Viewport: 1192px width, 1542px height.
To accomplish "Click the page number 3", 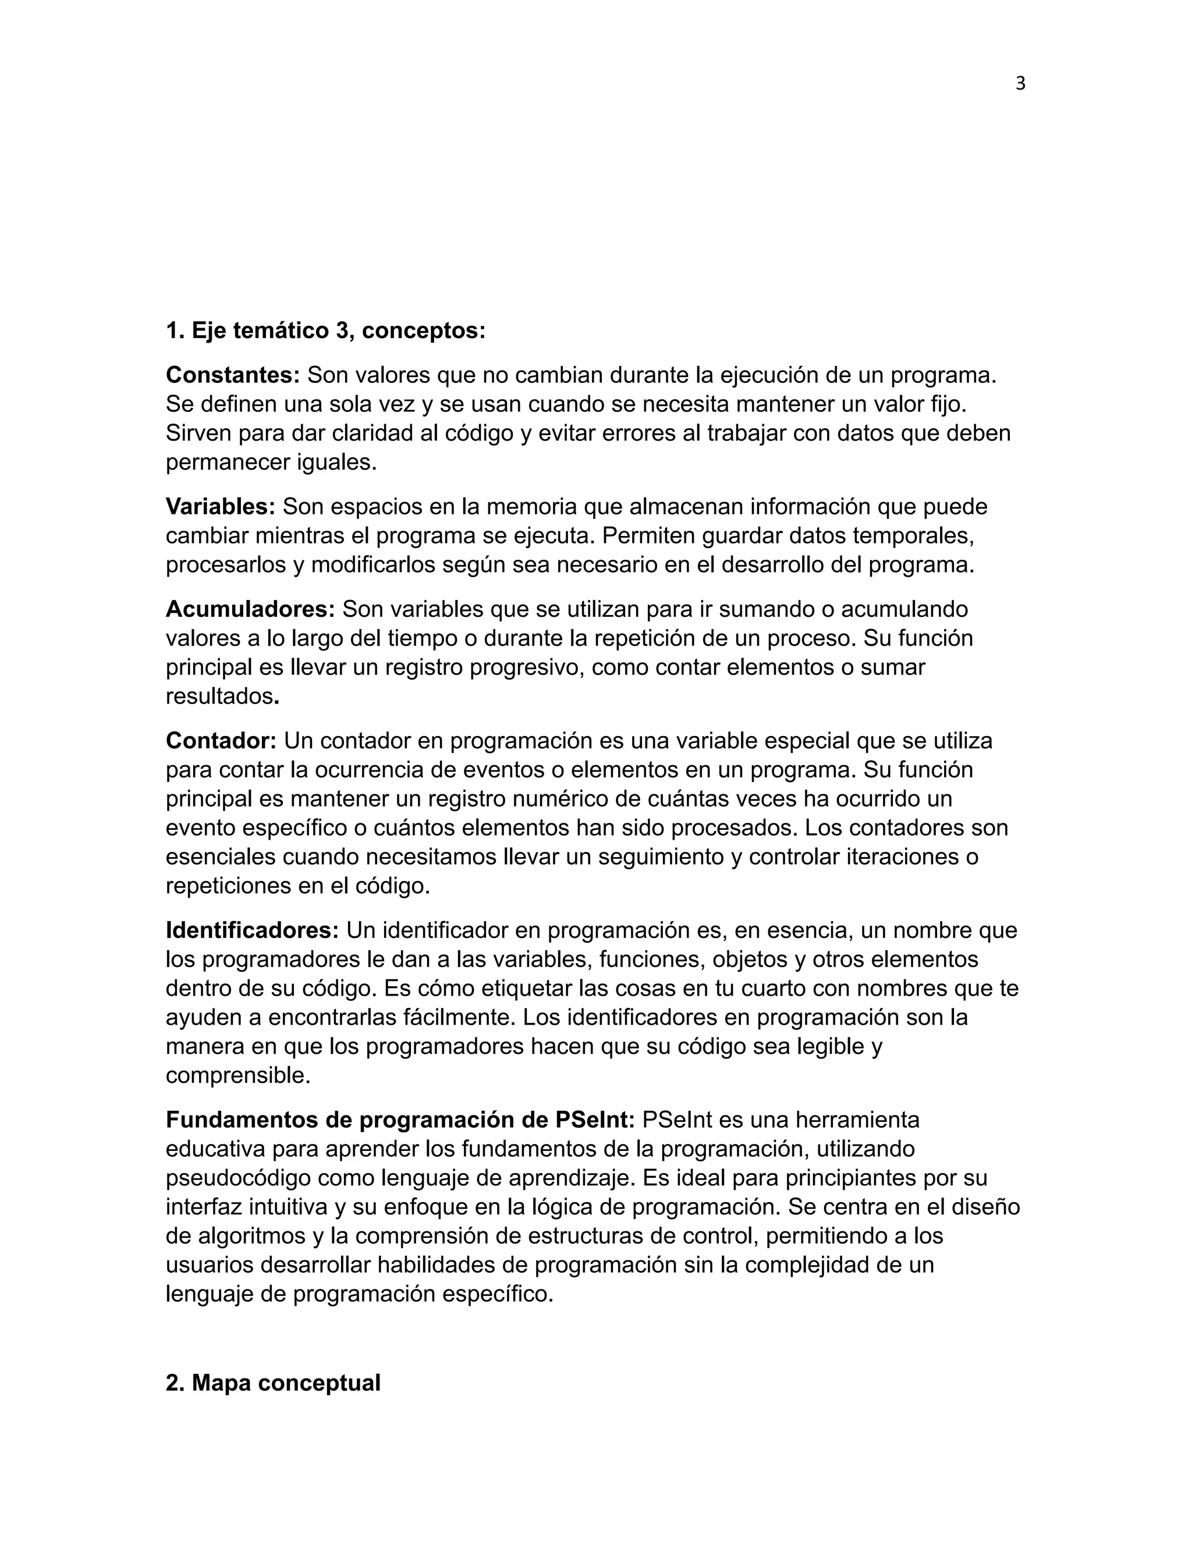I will [x=1020, y=84].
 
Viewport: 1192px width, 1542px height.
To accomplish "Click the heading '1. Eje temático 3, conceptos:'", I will [x=325, y=331].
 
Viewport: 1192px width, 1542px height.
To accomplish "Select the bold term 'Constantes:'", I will [x=233, y=375].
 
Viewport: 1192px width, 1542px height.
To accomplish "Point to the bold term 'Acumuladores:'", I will [x=250, y=609].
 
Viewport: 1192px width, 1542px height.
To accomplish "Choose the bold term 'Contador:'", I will [x=221, y=740].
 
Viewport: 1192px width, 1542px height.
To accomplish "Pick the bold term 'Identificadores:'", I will [x=253, y=930].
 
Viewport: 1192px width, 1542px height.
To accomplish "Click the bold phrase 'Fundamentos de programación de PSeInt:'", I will [x=400, y=1120].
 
